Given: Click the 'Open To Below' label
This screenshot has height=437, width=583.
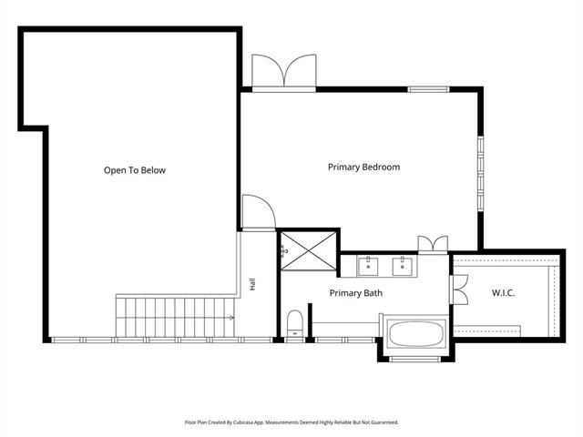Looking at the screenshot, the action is tap(135, 170).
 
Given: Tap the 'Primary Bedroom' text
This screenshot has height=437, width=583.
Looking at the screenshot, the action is tap(364, 168).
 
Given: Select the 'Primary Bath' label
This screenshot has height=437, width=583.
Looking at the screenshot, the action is tap(356, 293).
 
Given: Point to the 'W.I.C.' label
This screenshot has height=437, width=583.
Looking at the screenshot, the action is tap(504, 293).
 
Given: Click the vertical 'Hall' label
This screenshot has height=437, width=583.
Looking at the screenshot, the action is tap(253, 284).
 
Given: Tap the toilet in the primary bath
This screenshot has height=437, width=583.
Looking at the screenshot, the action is tap(295, 323).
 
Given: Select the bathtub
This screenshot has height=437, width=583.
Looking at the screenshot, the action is tap(416, 334).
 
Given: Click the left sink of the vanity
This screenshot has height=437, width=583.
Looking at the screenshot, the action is tap(368, 267).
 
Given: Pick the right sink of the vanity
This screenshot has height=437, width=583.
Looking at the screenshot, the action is tap(402, 267).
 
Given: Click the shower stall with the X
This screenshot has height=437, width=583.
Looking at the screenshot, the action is tap(309, 251).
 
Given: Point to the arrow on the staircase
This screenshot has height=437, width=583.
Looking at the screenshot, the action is tap(231, 318).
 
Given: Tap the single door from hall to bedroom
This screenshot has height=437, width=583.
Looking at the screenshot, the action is tap(259, 213).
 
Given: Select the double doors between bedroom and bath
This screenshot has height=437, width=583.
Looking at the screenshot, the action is tap(433, 245).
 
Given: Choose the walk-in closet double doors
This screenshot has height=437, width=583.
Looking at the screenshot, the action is tap(458, 290).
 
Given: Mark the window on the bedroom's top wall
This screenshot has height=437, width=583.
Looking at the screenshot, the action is tap(428, 89).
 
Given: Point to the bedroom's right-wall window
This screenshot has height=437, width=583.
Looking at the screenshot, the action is tap(481, 174).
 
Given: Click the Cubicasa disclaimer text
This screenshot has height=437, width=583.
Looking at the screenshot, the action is tap(291, 422).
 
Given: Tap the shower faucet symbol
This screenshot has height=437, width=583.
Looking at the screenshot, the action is tap(284, 251).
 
